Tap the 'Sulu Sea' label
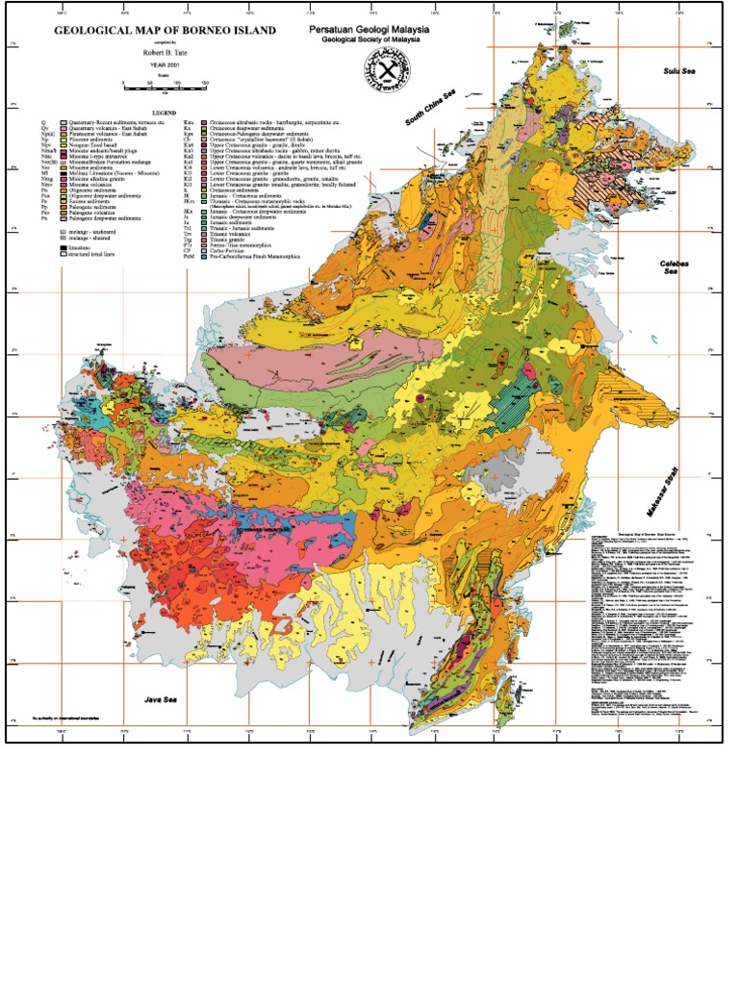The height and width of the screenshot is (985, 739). point(678,72)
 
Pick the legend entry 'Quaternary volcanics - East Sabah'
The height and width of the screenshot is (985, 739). point(106,130)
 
